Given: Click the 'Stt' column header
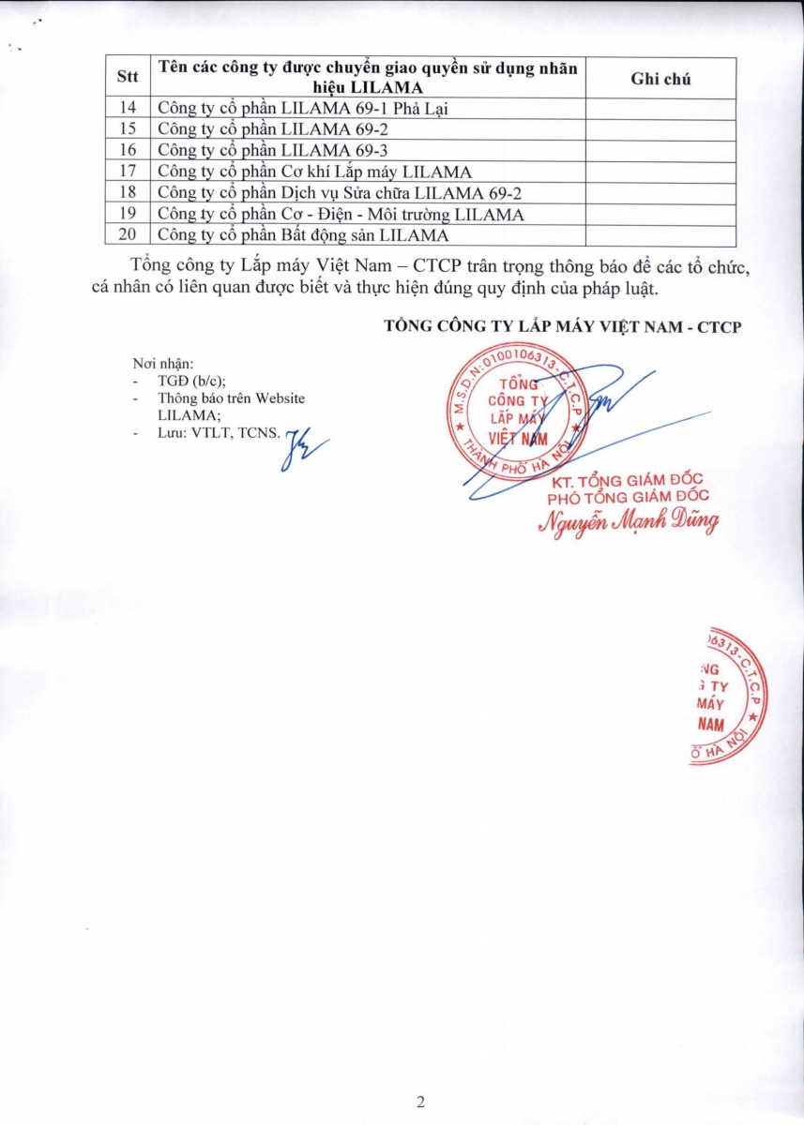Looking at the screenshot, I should (126, 78).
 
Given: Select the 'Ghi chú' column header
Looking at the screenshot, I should (660, 79).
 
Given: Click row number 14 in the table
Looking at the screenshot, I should (129, 108).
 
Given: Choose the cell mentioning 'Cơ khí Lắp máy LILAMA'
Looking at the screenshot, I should (314, 172).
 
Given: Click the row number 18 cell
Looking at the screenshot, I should (129, 193).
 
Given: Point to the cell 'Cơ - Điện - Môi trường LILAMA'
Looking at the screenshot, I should (341, 214).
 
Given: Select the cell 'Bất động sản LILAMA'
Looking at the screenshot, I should (303, 234).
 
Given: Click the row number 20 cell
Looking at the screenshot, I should (129, 234).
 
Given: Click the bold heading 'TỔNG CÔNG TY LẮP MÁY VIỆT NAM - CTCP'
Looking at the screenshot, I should (563, 325).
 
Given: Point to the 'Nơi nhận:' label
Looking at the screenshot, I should (162, 365).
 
